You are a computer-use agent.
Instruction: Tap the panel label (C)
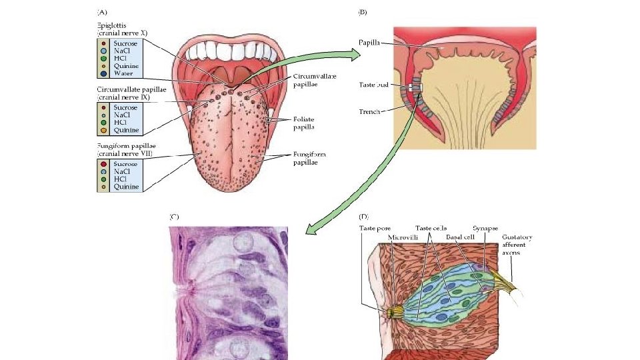point(174,217)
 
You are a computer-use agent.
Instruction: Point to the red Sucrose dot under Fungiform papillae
point(105,162)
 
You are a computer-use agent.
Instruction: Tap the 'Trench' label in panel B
point(369,112)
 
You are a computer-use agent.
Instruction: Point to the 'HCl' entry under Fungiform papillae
point(121,179)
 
